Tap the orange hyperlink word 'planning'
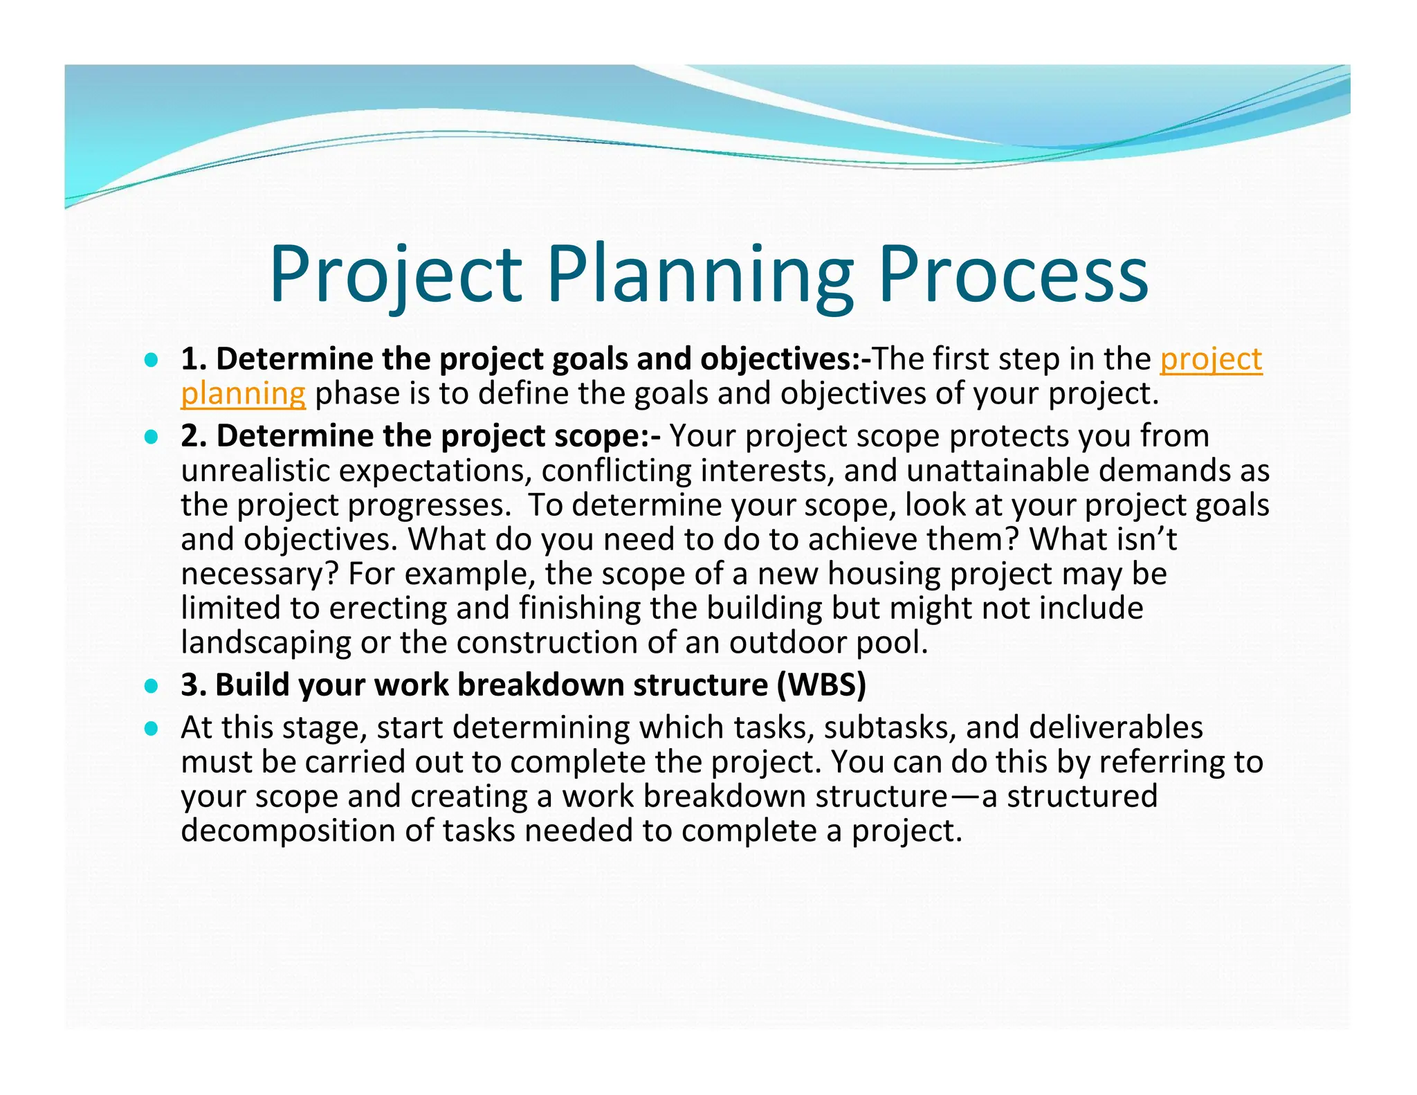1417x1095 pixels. pos(243,394)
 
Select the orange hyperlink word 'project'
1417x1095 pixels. pos(1211,359)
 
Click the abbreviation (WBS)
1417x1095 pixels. pos(821,685)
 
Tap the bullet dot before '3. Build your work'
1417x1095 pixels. pos(152,687)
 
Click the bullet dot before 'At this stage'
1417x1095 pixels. pos(152,729)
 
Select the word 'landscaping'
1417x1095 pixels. pos(266,643)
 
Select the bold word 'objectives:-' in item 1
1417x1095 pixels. pos(785,359)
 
